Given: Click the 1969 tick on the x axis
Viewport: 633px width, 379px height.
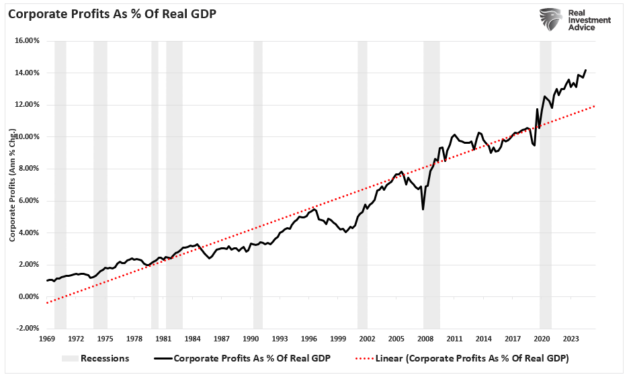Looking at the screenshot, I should pyautogui.click(x=46, y=339).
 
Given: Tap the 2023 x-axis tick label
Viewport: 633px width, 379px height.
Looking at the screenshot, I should pyautogui.click(x=572, y=339).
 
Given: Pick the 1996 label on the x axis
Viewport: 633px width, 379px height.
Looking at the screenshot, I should pyautogui.click(x=309, y=339).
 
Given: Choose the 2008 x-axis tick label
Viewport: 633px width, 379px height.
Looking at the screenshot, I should pyautogui.click(x=426, y=339).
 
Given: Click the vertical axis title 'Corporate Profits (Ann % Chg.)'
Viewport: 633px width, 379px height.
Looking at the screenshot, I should pyautogui.click(x=12, y=184).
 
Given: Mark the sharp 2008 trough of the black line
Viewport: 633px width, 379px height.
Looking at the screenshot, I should pyautogui.click(x=423, y=209).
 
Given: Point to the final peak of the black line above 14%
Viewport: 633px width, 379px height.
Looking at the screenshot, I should pyautogui.click(x=585, y=70).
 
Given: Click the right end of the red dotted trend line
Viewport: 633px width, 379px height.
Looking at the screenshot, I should pyautogui.click(x=595, y=106).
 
